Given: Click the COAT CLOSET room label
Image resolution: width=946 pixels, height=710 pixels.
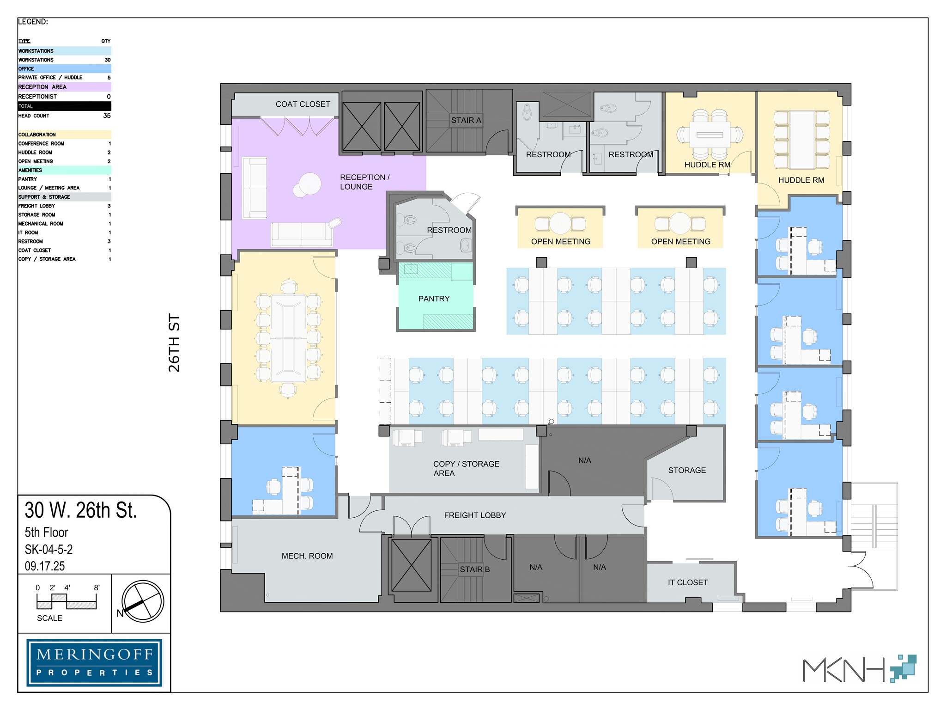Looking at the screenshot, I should tap(303, 104).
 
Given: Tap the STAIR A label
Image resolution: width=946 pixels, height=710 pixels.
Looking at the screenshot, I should tap(466, 120).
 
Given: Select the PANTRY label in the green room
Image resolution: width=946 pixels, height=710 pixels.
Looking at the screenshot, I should tap(434, 299).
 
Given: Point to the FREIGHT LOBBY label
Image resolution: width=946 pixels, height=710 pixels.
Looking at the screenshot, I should tap(475, 515).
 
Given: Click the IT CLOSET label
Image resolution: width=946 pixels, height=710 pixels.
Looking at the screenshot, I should tap(687, 583).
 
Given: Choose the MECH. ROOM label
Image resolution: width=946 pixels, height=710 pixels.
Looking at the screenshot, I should tap(307, 556).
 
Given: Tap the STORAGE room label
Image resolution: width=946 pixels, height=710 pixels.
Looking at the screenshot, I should tap(687, 471).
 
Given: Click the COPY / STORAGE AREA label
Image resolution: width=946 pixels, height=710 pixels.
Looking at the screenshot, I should tap(466, 469).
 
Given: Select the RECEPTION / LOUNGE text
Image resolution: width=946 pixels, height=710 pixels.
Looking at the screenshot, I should tap(364, 182).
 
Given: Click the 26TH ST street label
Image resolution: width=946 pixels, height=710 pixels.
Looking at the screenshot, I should tap(174, 343).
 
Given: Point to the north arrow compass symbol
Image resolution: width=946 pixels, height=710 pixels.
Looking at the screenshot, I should tap(143, 601).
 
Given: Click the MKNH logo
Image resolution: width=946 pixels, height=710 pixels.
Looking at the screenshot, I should tap(859, 669).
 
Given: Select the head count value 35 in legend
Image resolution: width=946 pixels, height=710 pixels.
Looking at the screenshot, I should tap(107, 116).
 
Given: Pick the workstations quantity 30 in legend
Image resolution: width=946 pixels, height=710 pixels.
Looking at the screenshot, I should tap(107, 60).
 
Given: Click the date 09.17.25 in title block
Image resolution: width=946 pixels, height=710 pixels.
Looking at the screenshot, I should tap(45, 566).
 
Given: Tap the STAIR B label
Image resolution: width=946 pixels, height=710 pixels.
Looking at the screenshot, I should tap(474, 569).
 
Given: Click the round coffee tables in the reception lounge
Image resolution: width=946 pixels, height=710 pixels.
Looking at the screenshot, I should tap(308, 185).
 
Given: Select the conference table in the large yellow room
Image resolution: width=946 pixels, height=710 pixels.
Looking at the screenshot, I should tap(289, 338).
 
